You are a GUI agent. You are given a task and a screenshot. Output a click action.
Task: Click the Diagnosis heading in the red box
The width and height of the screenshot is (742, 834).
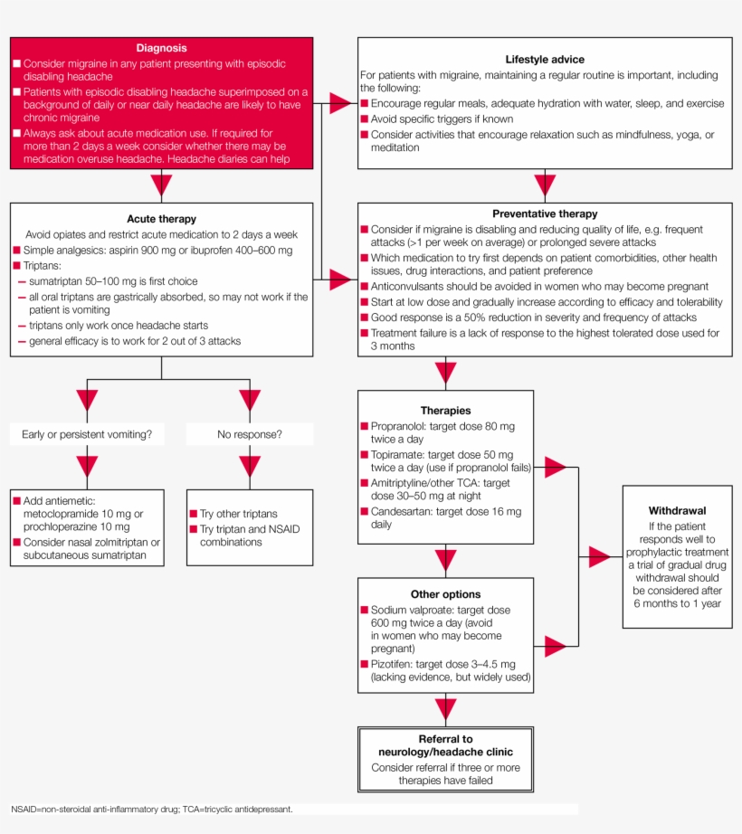(x=161, y=48)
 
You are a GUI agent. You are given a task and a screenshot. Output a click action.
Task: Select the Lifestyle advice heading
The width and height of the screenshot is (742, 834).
(x=544, y=59)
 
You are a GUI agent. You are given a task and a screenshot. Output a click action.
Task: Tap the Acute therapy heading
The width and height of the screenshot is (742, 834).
(x=161, y=219)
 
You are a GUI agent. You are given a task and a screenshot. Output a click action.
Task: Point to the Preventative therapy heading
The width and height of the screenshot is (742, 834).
(x=544, y=213)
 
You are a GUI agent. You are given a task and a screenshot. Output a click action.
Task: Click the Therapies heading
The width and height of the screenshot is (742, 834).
(x=445, y=411)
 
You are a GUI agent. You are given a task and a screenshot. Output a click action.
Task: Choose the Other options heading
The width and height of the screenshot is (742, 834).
(x=445, y=594)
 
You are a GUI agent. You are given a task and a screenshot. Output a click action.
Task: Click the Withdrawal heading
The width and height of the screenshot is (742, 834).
(x=677, y=510)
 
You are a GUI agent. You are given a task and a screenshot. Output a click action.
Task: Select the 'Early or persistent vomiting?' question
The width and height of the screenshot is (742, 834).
(x=87, y=434)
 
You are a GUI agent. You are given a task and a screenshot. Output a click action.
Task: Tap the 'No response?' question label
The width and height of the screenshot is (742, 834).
(x=250, y=434)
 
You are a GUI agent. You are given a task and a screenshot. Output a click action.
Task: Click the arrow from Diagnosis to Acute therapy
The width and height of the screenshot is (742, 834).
(x=161, y=185)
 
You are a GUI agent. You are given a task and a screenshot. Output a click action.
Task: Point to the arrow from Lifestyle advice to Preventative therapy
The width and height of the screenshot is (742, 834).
(x=545, y=185)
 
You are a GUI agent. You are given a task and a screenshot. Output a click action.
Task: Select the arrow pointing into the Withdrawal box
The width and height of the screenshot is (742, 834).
(x=599, y=557)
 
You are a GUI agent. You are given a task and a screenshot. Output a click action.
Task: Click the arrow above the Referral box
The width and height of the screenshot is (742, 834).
(x=445, y=708)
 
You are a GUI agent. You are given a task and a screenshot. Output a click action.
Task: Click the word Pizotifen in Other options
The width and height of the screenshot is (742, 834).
(x=394, y=664)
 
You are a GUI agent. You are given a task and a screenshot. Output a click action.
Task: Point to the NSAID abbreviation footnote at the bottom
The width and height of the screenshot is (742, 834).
(x=151, y=809)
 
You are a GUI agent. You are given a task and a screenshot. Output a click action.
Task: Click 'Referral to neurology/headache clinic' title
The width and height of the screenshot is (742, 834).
(x=444, y=745)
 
